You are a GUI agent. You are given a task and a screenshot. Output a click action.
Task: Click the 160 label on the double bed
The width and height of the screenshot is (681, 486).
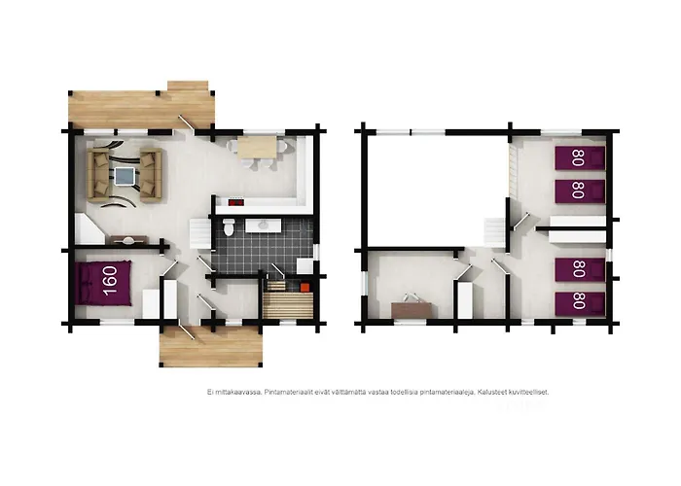pos(110,280)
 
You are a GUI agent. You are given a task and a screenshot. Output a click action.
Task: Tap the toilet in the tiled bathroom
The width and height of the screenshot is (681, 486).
pos(229,226)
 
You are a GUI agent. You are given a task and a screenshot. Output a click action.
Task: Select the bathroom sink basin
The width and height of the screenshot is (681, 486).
pos(264,226)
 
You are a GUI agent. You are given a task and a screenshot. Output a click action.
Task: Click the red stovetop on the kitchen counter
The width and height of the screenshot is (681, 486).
pos(235,202)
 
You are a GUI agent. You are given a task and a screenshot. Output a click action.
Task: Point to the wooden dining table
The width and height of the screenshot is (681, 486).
pos(257,147)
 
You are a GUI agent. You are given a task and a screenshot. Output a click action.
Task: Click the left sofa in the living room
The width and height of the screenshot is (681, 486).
pos(98,174)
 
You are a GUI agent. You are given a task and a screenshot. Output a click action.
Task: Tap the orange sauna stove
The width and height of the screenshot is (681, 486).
pos(305,287)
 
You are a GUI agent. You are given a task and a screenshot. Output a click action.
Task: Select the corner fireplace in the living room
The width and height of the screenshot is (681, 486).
pos(90,228)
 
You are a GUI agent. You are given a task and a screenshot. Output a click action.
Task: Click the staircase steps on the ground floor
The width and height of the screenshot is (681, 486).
pos(200,233)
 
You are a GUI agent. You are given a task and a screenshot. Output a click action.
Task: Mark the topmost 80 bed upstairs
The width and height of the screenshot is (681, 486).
pos(580,157)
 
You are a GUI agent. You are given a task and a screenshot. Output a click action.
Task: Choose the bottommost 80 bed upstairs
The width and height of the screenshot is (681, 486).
pos(580,303)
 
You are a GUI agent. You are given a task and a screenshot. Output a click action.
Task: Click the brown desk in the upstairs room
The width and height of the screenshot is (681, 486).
pos(412,310)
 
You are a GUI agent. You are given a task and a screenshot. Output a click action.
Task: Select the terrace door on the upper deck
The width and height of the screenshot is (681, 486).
pos(187,122)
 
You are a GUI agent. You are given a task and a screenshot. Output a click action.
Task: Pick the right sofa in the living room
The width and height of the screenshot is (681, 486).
pos(151,175)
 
